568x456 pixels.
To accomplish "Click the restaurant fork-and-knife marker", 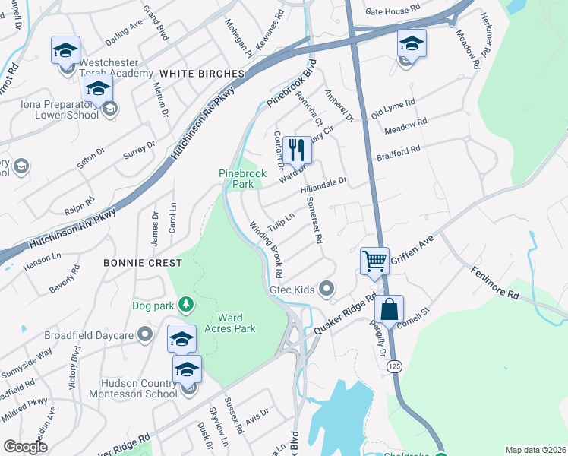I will pos(297,149).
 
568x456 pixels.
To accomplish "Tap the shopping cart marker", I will pos(375,261).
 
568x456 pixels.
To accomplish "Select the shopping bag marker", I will pos(389,309).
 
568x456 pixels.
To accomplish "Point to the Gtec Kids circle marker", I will pos(327,289).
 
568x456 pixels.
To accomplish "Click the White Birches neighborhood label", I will pos(201,73).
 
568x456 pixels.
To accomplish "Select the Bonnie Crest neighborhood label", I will pos(144,262).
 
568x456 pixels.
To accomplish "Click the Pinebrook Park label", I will pos(240,179).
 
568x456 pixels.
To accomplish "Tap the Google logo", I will pos(25,446).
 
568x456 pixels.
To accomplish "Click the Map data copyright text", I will pos(535,450).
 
